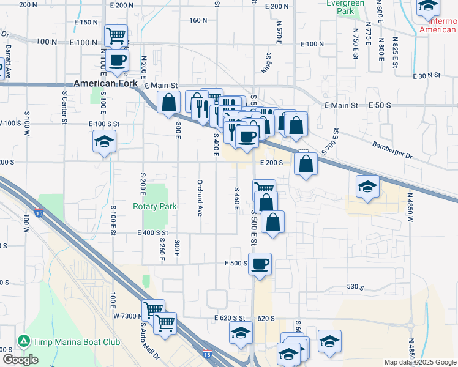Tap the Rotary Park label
pyautogui.click(x=154, y=207)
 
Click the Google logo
pyautogui.click(x=20, y=360)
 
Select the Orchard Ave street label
pyautogui.click(x=200, y=198)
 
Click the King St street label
pyautogui.click(x=266, y=63)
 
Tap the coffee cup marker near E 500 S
pyautogui.click(x=260, y=264)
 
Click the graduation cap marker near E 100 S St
pyautogui.click(x=105, y=142)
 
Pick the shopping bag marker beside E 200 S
pyautogui.click(x=305, y=163)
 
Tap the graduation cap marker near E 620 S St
pyautogui.click(x=240, y=333)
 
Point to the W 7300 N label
pyautogui.click(x=128, y=315)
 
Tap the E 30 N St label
pyautogui.click(x=426, y=75)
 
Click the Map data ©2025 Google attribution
pyautogui.click(x=419, y=362)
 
